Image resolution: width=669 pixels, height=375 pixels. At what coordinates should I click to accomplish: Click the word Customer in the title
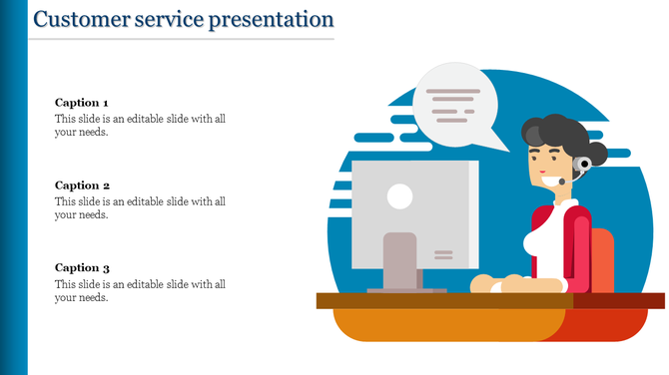pos(75,19)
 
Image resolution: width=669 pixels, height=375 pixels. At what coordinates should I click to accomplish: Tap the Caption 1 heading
pos(82,103)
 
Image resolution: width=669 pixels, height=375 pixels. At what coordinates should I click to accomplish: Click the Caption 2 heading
pos(82,186)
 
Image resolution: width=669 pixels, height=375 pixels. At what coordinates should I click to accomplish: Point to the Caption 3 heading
pos(82,268)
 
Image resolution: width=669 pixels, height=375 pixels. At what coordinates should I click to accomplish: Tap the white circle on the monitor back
pos(399,196)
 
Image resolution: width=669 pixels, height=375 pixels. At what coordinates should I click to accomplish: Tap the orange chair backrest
pos(602,259)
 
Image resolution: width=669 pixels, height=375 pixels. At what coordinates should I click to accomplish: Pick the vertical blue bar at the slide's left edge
pos(14,187)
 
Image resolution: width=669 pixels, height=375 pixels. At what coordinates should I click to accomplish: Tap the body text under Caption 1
pos(140,125)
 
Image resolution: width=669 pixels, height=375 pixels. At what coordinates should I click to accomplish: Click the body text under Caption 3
pos(140,290)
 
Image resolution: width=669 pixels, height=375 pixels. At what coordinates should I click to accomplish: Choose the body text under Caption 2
pos(140,207)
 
